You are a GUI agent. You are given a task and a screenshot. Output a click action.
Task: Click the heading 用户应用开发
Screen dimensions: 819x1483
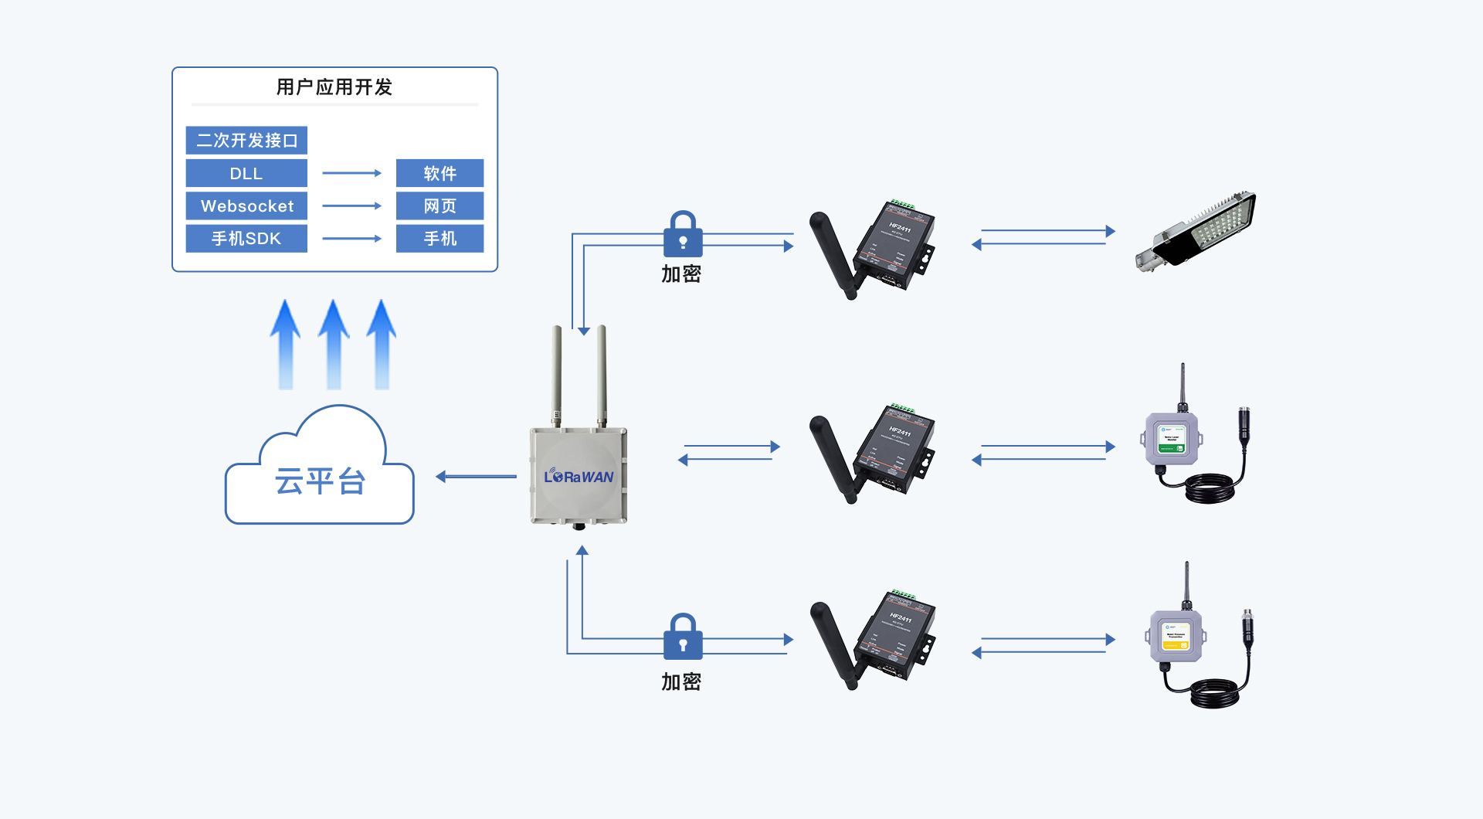[334, 87]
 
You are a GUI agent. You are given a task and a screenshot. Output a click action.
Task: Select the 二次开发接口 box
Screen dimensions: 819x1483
[246, 141]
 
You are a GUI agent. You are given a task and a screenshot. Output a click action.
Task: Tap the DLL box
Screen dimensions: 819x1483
[246, 174]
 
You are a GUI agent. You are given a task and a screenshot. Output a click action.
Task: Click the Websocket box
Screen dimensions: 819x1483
[246, 206]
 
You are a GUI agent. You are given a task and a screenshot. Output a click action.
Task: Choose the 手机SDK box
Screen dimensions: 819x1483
[246, 239]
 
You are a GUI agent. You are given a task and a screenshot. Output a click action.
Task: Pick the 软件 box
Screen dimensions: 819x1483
[439, 174]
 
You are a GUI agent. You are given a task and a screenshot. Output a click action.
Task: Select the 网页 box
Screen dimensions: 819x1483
[439, 206]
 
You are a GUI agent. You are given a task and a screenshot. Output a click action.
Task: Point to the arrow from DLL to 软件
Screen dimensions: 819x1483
[351, 174]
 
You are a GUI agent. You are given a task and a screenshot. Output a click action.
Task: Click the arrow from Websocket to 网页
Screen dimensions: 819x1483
[351, 206]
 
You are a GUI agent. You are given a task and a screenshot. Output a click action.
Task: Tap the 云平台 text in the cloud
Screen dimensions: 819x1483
[320, 482]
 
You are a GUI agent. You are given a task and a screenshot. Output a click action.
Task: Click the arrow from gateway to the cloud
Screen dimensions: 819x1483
[476, 477]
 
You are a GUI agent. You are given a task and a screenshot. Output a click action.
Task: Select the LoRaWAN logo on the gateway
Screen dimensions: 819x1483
[579, 477]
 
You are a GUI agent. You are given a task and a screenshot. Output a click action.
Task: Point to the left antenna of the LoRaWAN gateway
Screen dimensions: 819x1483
[556, 375]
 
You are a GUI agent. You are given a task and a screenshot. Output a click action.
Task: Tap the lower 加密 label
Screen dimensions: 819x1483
[680, 681]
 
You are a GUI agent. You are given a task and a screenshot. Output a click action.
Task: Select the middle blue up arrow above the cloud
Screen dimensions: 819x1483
[334, 344]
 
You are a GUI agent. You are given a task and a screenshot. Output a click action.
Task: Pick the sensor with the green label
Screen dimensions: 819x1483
[1172, 440]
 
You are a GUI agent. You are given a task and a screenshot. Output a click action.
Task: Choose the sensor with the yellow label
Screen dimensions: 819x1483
[1176, 638]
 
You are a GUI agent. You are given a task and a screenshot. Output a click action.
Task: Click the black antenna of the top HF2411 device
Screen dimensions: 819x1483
[833, 254]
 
